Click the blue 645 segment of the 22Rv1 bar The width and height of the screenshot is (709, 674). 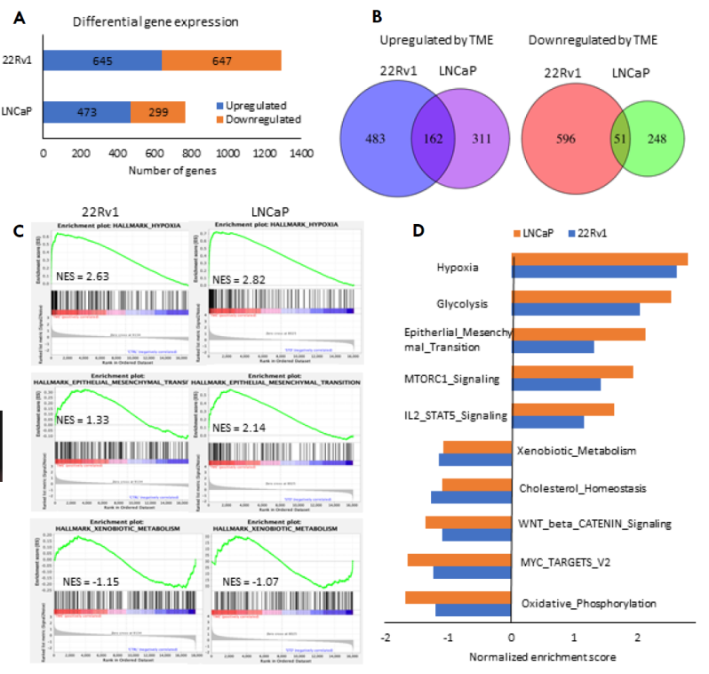coord(102,60)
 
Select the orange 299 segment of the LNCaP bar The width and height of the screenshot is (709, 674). coord(158,112)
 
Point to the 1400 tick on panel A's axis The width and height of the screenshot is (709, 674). coord(302,154)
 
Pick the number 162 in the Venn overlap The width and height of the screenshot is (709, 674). coord(433,140)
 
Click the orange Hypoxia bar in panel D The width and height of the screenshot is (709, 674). coord(600,259)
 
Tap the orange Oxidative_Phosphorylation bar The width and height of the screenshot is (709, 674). coord(458,597)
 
